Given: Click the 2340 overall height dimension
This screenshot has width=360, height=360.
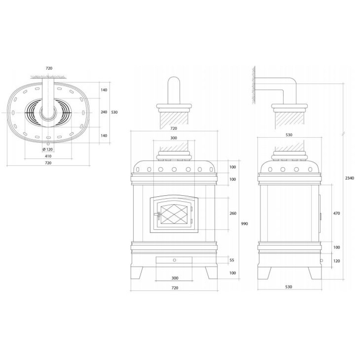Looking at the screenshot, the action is click(350, 178).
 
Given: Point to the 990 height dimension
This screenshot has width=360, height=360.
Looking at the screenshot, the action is click(244, 224).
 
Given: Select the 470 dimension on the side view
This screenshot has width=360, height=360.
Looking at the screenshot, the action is click(336, 213).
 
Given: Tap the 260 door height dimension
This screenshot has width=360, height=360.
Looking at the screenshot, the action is click(233, 213).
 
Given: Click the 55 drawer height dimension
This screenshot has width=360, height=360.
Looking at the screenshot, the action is click(232, 260).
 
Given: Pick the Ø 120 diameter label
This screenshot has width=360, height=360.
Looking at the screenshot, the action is click(47, 150).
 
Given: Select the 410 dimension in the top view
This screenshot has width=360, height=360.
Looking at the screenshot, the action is click(48, 156).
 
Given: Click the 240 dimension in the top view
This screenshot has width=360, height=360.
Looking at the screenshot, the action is click(104, 112).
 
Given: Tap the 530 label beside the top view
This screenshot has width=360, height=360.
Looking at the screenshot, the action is click(114, 112).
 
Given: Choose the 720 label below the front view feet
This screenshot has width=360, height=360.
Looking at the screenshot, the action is click(175, 288).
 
